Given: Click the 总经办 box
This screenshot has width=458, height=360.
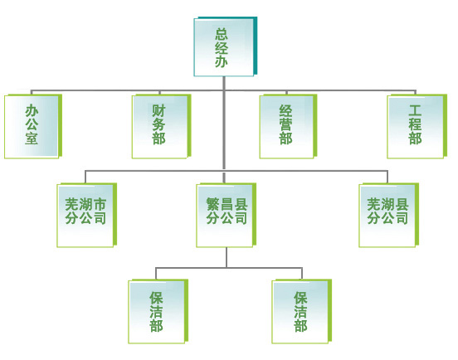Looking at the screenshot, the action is click(x=226, y=46).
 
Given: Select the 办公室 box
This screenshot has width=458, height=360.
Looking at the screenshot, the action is click(x=33, y=126).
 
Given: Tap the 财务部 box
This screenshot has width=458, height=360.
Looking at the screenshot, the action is click(x=162, y=126).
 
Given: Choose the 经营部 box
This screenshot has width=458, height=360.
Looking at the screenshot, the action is click(x=288, y=126).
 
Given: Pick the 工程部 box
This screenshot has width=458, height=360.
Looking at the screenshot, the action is click(x=417, y=126).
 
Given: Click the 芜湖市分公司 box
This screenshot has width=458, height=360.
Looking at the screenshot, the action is click(x=87, y=215).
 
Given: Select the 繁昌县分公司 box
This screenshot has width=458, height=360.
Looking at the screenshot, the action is click(x=227, y=215).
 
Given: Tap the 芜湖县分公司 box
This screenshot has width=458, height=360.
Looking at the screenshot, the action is click(x=389, y=215).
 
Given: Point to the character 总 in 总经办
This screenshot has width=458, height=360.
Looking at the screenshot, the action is click(x=222, y=34).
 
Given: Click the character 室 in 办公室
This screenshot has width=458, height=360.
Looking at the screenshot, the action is click(x=32, y=138).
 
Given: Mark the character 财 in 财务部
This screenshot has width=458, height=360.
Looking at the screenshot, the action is click(x=158, y=111).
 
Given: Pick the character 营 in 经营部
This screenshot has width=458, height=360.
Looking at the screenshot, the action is click(x=285, y=124).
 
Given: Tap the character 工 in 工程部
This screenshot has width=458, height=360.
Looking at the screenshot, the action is click(x=415, y=111).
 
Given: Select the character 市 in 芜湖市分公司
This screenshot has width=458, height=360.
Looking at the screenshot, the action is click(x=99, y=204).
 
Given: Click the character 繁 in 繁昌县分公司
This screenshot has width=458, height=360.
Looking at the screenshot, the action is click(x=213, y=204).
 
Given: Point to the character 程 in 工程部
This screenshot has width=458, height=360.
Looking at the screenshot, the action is click(x=415, y=124).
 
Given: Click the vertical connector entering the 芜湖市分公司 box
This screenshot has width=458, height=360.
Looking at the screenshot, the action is click(x=85, y=177).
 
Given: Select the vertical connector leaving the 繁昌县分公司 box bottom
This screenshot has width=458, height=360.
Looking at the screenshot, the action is click(x=227, y=257).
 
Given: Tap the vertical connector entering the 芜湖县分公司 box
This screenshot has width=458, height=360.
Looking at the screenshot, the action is click(x=387, y=177).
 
